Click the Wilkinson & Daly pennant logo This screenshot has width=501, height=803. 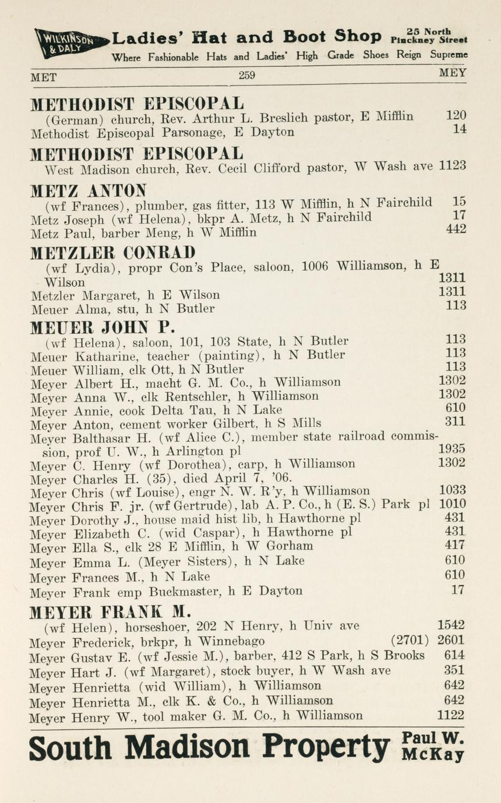(x=70, y=41)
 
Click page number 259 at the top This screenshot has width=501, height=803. (x=247, y=75)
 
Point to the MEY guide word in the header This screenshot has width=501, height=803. (x=453, y=74)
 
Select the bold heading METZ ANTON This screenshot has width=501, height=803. (x=89, y=190)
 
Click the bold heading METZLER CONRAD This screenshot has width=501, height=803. (x=112, y=253)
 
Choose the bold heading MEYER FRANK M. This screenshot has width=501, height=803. (x=111, y=611)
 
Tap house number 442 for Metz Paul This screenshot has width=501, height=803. (x=456, y=229)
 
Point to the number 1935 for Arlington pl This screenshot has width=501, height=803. (x=451, y=449)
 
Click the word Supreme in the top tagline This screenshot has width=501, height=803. (x=449, y=55)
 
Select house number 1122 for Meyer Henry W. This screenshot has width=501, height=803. (x=451, y=715)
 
